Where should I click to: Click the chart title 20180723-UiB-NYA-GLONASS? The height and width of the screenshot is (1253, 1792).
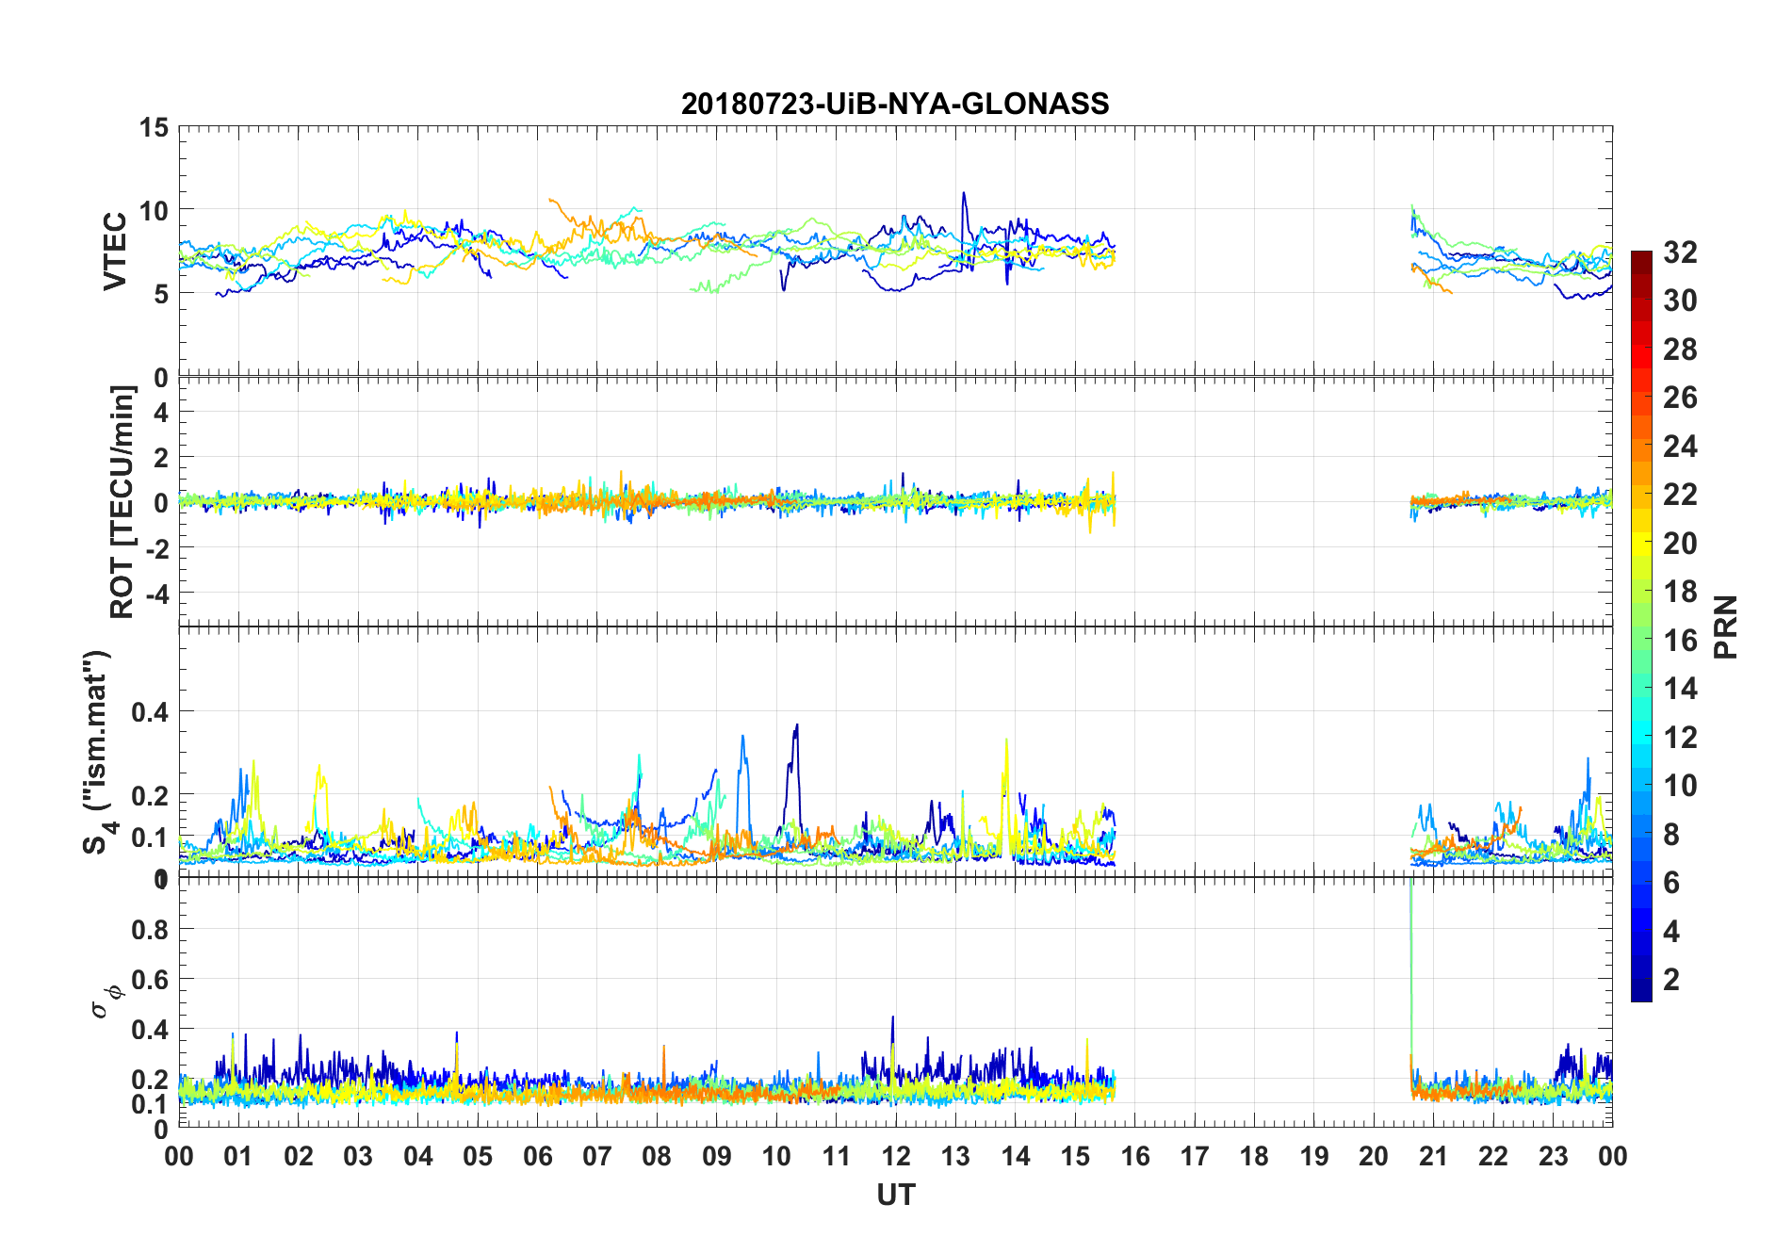[x=895, y=104]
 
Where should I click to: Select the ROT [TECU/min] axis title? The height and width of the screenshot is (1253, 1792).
[x=122, y=501]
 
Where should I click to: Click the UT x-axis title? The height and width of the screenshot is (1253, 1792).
[x=895, y=1196]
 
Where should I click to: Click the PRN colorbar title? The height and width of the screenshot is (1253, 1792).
[x=1726, y=626]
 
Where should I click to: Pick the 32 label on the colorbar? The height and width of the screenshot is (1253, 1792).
[x=1680, y=252]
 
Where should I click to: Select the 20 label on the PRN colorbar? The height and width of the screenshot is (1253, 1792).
[x=1680, y=544]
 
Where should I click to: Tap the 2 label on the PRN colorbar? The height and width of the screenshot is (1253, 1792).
[x=1671, y=980]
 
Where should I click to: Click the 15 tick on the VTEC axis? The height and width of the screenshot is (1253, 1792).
[x=155, y=127]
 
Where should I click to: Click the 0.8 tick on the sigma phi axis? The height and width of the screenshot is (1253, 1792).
[x=149, y=929]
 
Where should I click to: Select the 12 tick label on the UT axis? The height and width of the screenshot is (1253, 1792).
[x=896, y=1156]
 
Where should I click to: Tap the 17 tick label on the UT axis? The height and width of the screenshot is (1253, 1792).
[x=1195, y=1156]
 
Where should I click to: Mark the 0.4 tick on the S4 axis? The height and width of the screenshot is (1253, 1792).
[x=149, y=711]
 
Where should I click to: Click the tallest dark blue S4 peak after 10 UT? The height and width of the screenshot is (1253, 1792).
[x=797, y=725]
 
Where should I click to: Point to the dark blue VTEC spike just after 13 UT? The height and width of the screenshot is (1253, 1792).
[x=963, y=194]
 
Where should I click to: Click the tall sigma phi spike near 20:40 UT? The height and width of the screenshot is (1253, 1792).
[x=1410, y=890]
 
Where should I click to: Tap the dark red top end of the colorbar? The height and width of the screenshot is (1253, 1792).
[x=1641, y=256]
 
